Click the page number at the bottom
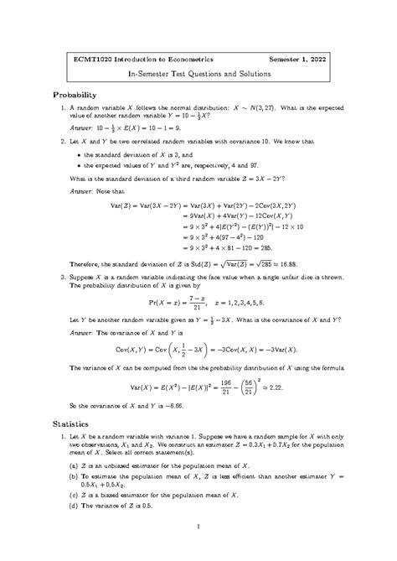coord(198,527)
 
